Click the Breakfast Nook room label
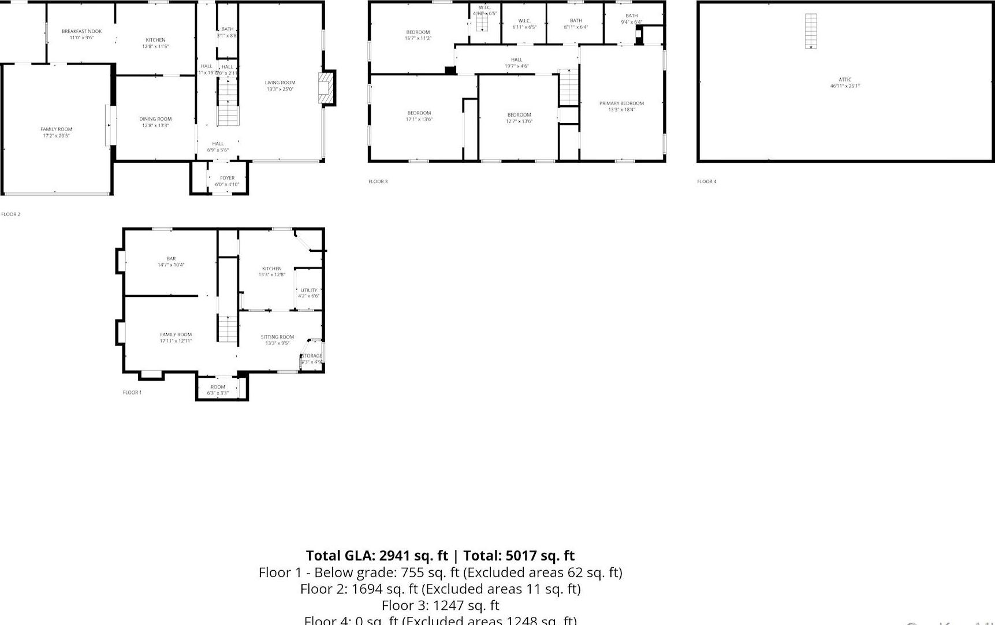pyautogui.click(x=81, y=31)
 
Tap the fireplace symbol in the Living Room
pyautogui.click(x=327, y=87)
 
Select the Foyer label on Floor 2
pyautogui.click(x=227, y=178)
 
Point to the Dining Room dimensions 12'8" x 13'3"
pyautogui.click(x=155, y=125)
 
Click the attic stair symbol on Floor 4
pyautogui.click(x=811, y=31)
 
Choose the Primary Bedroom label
pyautogui.click(x=621, y=103)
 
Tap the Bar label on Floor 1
pyautogui.click(x=171, y=259)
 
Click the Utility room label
pyautogui.click(x=309, y=290)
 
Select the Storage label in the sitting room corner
pyautogui.click(x=312, y=356)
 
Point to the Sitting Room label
pyautogui.click(x=277, y=337)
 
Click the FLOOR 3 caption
pyautogui.click(x=378, y=181)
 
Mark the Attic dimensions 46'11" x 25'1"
pyautogui.click(x=845, y=86)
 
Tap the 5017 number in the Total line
pyautogui.click(x=522, y=556)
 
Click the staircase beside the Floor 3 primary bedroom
pyautogui.click(x=569, y=87)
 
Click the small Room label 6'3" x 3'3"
pyautogui.click(x=218, y=387)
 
